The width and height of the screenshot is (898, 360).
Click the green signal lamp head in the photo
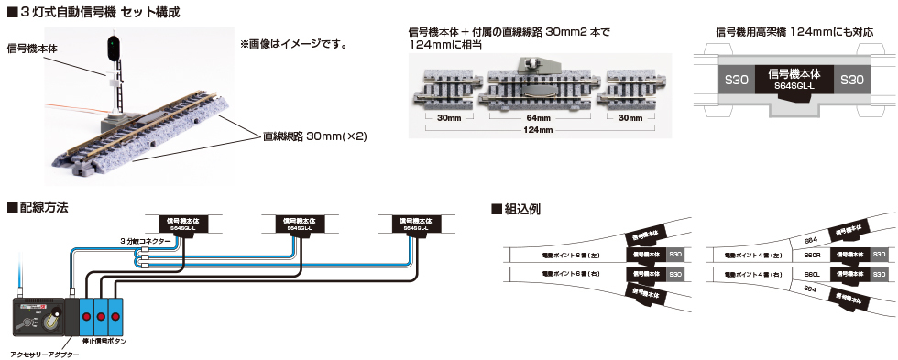[x=112, y=47]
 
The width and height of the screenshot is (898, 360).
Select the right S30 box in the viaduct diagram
[x=851, y=80]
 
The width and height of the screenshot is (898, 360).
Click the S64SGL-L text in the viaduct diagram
[x=794, y=85]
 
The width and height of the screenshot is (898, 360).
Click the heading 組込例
[x=521, y=208]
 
